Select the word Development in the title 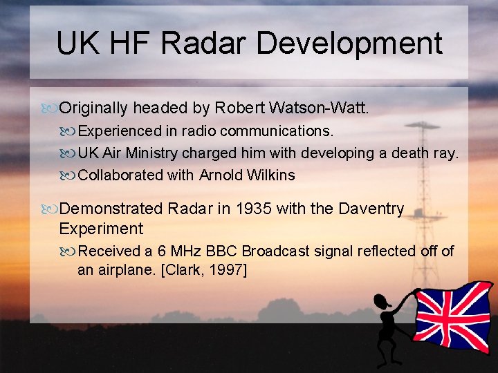click(x=349, y=43)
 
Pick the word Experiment click(x=101, y=229)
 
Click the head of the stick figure click(x=380, y=301)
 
